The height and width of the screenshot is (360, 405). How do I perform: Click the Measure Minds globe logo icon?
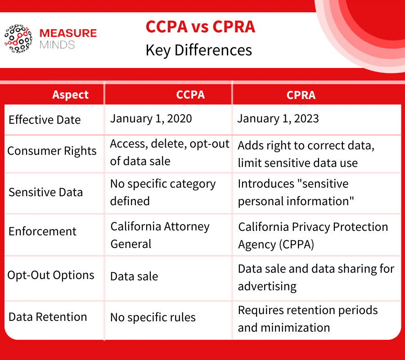pos(18,39)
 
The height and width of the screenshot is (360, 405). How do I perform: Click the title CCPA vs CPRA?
pos(200,27)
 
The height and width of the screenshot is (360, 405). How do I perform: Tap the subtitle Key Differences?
pos(198,50)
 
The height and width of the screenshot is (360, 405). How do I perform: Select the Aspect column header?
pos(71,95)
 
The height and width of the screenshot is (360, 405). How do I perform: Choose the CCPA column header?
pos(190,95)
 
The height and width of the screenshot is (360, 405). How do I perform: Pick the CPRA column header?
pos(301,95)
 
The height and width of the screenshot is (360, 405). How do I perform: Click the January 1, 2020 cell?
pos(151,119)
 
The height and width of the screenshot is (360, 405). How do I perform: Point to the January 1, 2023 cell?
pos(278,119)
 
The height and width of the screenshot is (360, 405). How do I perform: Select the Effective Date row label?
pos(45,120)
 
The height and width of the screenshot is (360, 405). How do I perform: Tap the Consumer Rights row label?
pos(52,151)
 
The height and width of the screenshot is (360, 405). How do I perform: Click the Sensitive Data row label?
pos(45,192)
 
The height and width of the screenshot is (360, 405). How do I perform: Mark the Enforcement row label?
pos(42,232)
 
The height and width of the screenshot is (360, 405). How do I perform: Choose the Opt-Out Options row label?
pos(51,275)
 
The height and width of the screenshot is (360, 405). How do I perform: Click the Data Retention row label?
pos(48,317)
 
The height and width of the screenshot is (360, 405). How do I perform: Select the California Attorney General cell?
pos(160,235)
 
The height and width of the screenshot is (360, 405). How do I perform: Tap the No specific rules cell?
pos(153,317)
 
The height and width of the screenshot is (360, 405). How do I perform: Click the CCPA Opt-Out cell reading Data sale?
pos(134,276)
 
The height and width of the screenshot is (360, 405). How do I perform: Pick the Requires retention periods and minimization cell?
pos(308,319)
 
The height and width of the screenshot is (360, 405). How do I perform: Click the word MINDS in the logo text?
pos(57,45)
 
